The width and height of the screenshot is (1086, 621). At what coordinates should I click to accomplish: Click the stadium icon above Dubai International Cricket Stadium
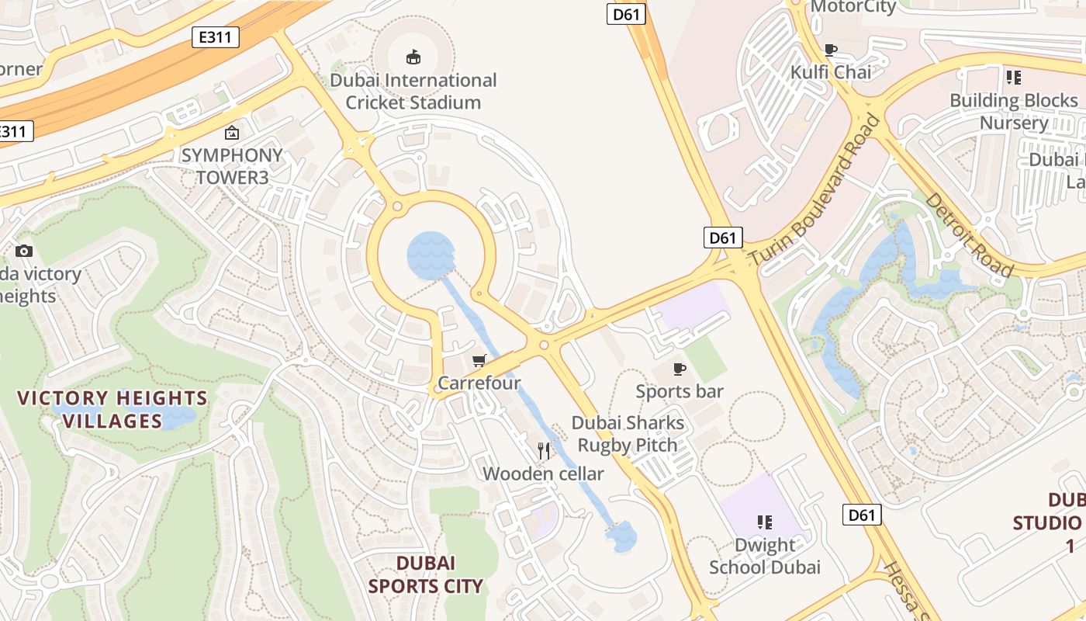coord(413,57)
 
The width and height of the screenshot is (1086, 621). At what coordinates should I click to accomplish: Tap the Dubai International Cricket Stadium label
coord(413,91)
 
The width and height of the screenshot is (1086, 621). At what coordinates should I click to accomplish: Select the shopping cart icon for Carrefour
coord(479,360)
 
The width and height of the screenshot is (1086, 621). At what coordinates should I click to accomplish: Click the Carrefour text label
coord(479,383)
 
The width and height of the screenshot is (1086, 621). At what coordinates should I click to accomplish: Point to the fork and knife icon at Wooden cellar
coord(544,450)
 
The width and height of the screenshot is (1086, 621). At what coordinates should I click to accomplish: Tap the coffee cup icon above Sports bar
coord(680,369)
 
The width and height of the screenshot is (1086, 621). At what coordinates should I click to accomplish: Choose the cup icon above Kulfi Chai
coord(831,50)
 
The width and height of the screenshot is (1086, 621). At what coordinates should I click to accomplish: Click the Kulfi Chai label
coord(831,72)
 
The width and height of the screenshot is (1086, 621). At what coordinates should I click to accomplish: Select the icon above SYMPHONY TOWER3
coord(231,133)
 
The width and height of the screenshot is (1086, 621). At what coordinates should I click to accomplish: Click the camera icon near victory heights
coord(24,251)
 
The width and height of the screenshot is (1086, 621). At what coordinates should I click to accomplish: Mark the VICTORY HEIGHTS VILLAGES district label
coord(112,410)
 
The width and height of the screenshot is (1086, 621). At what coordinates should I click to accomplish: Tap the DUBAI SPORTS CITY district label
coord(426,574)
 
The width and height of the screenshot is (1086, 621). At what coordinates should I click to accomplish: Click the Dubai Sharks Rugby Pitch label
coord(628,434)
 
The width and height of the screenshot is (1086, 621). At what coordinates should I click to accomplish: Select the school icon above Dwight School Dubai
coord(765,522)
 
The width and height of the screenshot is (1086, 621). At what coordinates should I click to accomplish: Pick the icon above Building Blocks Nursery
coord(1013,77)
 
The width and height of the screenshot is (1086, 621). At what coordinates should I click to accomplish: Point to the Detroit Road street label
coord(969,234)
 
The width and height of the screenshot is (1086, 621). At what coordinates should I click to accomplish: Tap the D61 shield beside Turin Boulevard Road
coord(723,238)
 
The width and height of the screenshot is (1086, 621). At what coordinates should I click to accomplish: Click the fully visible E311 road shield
coord(216,36)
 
